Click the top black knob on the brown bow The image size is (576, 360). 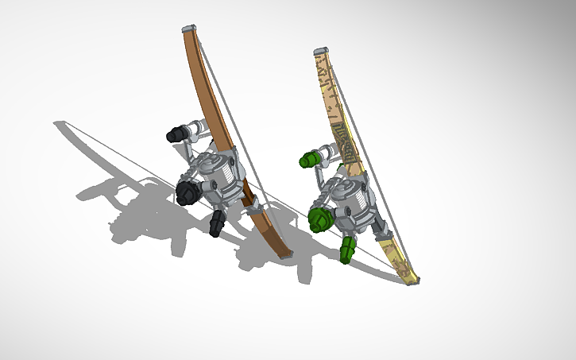pos(174,136)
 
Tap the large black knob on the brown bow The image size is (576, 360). pos(188,192)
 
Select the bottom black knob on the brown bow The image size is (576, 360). pos(217,223)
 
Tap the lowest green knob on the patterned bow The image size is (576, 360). pos(348,250)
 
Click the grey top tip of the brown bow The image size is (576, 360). pos(187,29)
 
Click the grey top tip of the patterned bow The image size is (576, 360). pos(320,52)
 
